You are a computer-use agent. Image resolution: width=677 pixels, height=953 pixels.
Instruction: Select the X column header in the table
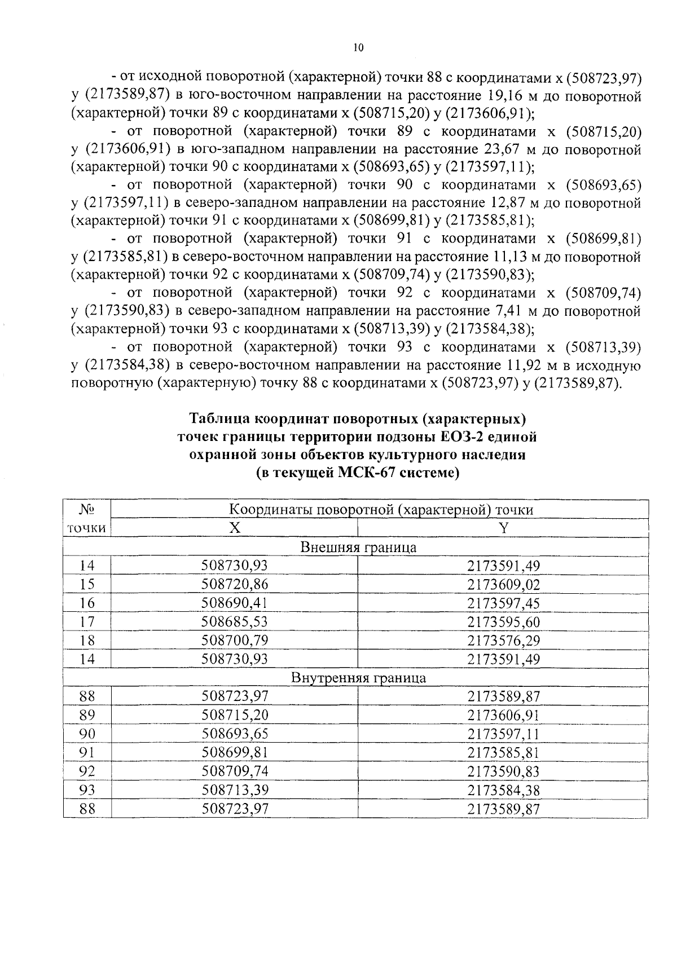(x=234, y=528)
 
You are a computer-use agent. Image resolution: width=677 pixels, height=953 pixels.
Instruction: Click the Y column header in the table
(x=503, y=528)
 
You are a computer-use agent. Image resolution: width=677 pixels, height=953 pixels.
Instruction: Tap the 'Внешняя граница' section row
(x=358, y=547)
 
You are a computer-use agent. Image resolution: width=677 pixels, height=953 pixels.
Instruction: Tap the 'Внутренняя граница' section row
(x=358, y=677)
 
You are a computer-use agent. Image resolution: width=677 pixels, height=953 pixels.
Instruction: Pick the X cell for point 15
(x=235, y=584)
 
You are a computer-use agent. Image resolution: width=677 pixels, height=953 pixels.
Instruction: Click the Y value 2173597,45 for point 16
(x=503, y=603)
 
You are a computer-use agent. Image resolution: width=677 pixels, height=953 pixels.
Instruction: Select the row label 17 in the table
(x=87, y=621)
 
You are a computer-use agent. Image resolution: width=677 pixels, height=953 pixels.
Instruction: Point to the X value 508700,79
(x=235, y=640)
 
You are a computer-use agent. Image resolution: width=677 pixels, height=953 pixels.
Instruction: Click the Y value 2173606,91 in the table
(x=503, y=715)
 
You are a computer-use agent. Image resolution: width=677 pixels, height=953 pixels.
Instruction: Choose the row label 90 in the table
(x=87, y=734)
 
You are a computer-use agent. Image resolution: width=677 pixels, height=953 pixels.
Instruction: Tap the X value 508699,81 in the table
(x=235, y=752)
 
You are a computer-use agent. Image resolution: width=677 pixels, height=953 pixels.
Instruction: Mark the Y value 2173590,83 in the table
(x=503, y=771)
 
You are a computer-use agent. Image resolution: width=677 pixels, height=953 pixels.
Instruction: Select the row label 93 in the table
(x=87, y=789)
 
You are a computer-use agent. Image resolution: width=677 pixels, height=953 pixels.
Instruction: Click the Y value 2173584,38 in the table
(x=503, y=789)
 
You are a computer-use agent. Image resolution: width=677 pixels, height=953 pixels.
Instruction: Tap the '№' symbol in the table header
(x=87, y=510)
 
